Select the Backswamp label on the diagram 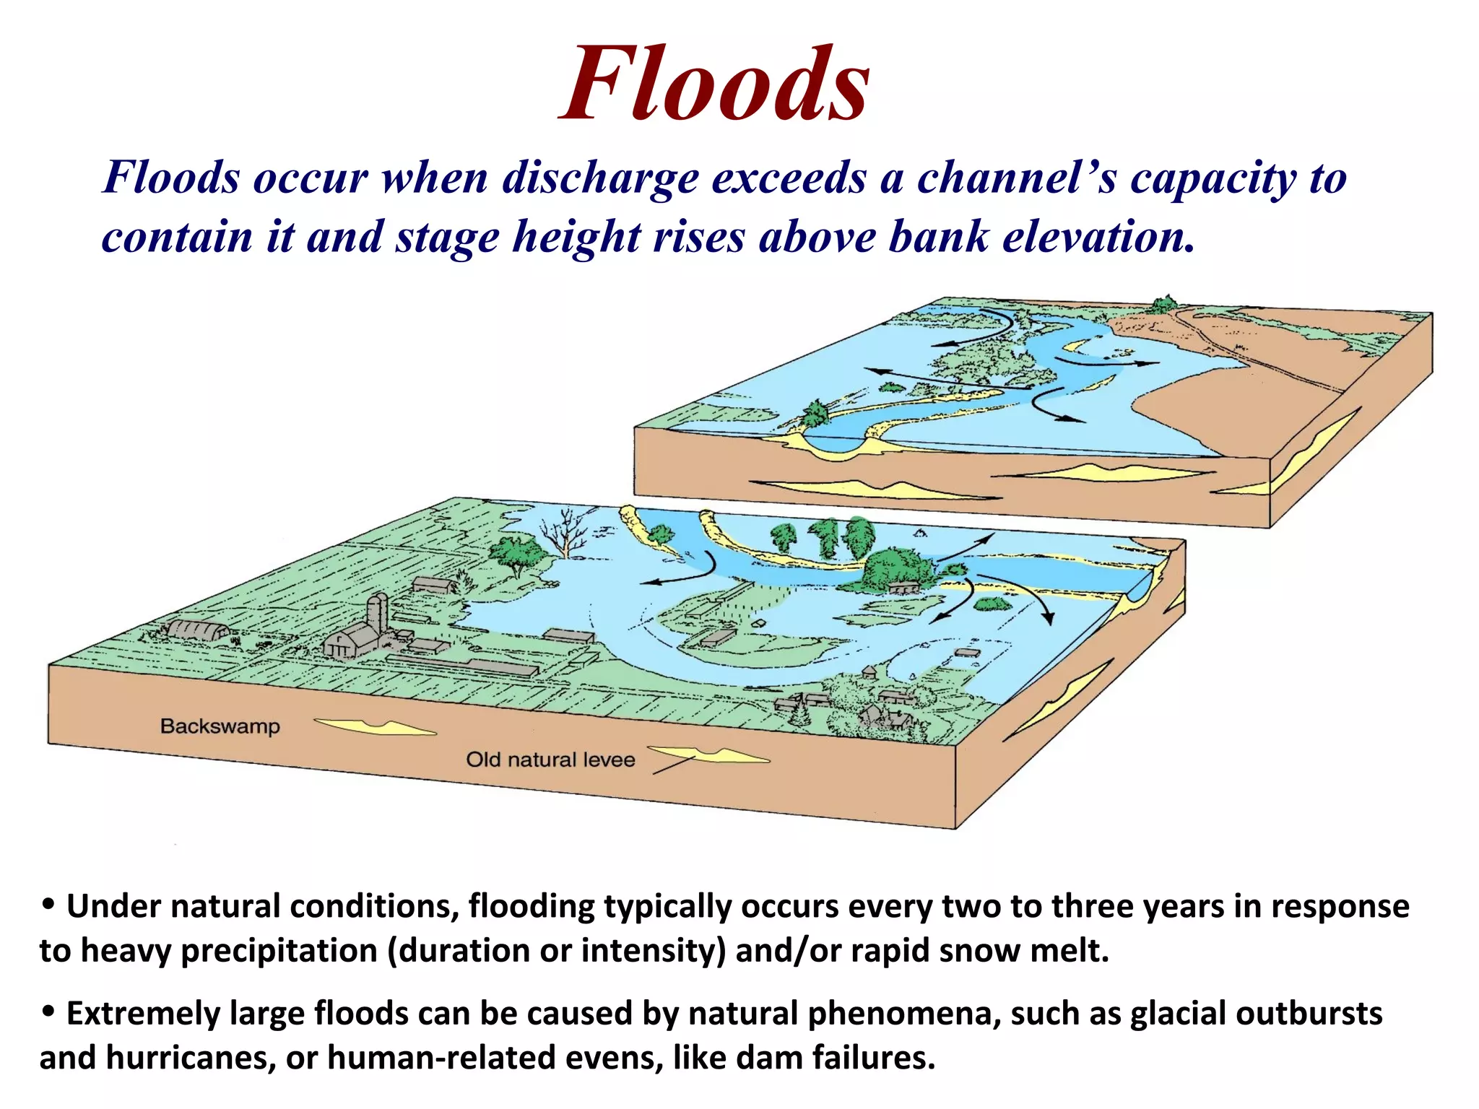click(x=220, y=726)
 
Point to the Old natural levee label click(x=550, y=760)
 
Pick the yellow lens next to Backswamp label click(x=374, y=726)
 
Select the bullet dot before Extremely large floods click(x=48, y=1012)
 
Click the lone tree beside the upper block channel click(x=815, y=414)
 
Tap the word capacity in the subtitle click(x=1213, y=178)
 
